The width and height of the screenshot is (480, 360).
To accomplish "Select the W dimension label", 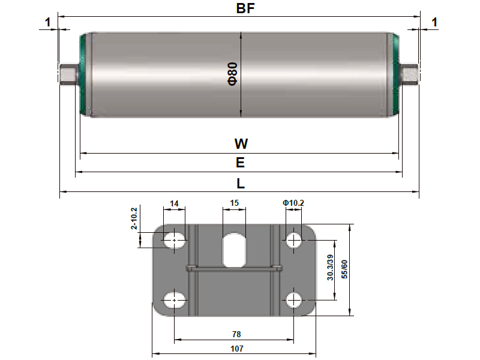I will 240,144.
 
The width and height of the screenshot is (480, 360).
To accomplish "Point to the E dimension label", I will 240,163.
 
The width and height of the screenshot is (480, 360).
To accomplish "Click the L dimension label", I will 240,182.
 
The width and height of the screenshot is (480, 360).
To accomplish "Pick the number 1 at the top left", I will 48,23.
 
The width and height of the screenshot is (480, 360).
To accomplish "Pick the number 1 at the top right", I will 434,23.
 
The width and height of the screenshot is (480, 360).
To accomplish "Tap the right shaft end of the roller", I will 410,74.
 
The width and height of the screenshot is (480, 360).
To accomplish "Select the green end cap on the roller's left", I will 83,74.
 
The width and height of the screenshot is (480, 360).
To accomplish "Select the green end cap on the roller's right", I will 396,74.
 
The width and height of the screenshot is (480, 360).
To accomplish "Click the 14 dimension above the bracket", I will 174,203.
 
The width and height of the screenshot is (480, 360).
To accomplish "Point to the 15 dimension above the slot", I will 235,203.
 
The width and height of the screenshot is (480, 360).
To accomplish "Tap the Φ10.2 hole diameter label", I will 293,203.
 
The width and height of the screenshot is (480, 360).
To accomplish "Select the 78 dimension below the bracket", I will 234,334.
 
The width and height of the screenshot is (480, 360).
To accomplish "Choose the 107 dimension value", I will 234,347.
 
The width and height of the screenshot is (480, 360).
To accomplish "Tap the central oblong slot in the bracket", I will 234,250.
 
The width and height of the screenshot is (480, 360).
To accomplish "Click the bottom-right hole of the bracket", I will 293,299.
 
